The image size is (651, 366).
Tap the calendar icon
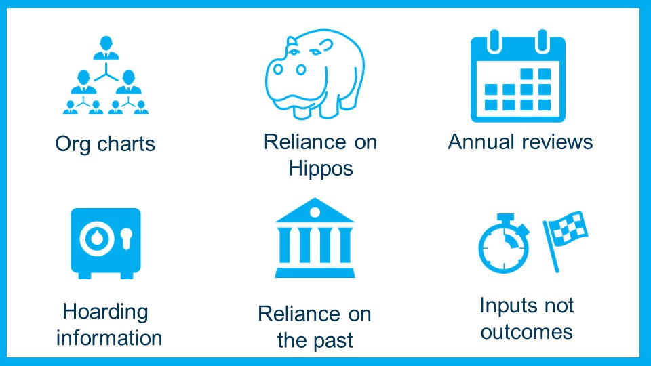517,76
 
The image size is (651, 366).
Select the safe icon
106,243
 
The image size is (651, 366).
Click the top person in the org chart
106,48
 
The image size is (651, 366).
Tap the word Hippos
321,169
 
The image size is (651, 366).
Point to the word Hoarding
106,312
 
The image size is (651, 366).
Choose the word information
109,338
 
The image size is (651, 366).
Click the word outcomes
526,332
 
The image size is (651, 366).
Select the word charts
126,144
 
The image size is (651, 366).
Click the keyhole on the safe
127,238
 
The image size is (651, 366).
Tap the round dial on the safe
97,239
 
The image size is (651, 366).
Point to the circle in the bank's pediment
315,212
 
